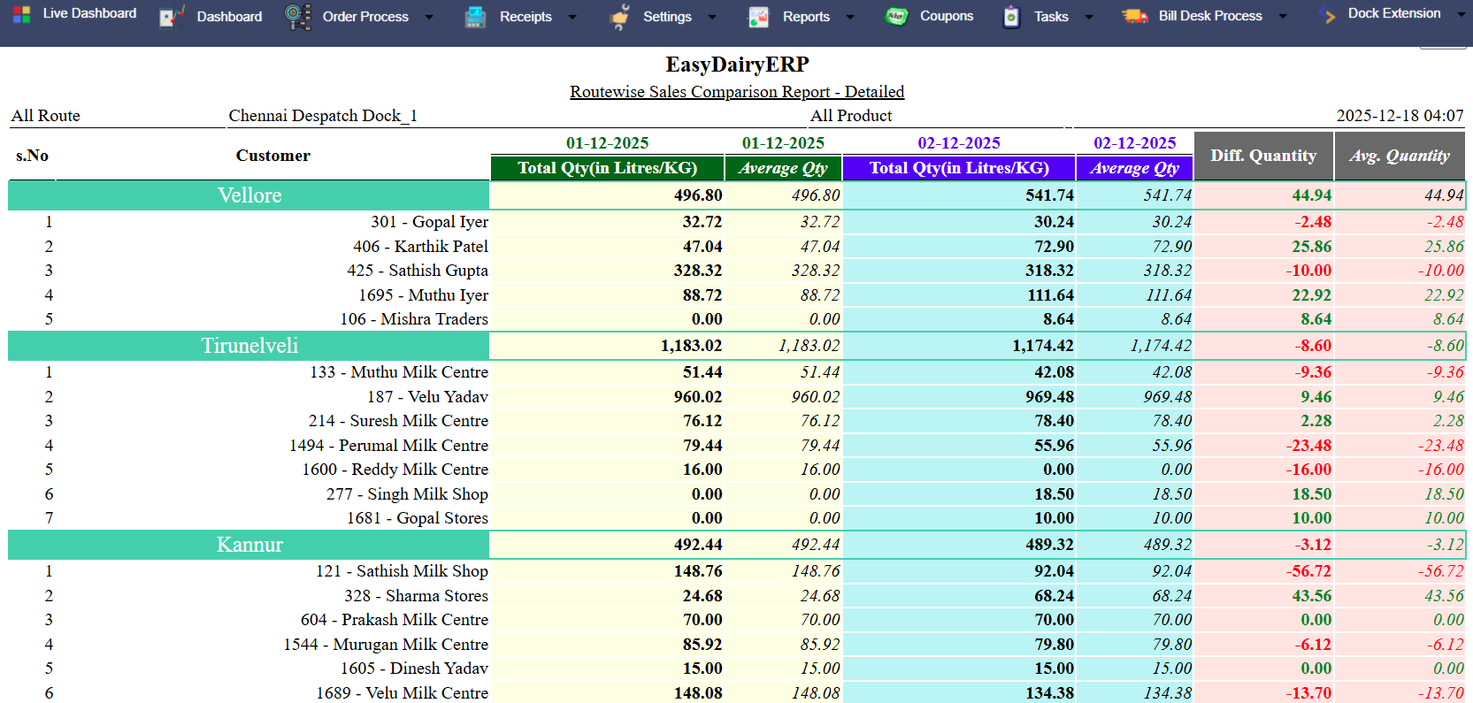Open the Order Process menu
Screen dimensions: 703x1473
pyautogui.click(x=364, y=17)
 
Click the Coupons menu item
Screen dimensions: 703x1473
pyautogui.click(x=946, y=16)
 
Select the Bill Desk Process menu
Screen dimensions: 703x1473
pyautogui.click(x=1209, y=16)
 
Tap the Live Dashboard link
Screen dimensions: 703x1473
pyautogui.click(x=89, y=13)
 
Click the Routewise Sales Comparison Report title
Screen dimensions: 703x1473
pyautogui.click(x=736, y=92)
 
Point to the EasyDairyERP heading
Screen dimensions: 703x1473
pyautogui.click(x=737, y=65)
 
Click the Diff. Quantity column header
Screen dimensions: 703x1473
pyautogui.click(x=1262, y=156)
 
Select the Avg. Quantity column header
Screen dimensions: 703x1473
pyautogui.click(x=1399, y=156)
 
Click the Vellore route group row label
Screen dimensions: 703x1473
pyautogui.click(x=249, y=195)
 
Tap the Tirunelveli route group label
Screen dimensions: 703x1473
pyautogui.click(x=249, y=346)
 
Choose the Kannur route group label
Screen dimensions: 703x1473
pyautogui.click(x=249, y=545)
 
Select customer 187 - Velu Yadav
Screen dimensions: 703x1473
pyautogui.click(x=427, y=397)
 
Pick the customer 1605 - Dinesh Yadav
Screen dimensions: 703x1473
pyautogui.click(x=414, y=669)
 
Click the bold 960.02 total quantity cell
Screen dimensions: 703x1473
pyautogui.click(x=697, y=397)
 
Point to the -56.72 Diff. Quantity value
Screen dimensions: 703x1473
pyautogui.click(x=1308, y=571)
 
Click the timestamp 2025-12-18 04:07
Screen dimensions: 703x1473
pyautogui.click(x=1399, y=116)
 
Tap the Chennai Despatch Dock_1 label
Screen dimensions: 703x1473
pyautogui.click(x=323, y=116)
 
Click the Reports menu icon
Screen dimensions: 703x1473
pyautogui.click(x=758, y=17)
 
